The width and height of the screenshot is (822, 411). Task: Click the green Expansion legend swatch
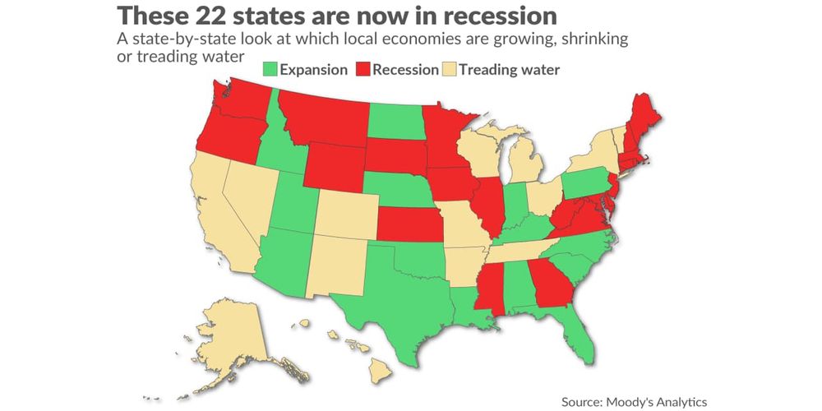pyautogui.click(x=270, y=69)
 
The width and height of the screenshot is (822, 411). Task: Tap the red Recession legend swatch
pyautogui.click(x=363, y=69)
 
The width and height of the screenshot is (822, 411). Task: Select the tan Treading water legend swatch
pyautogui.click(x=449, y=69)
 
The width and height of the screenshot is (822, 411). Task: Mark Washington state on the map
pyautogui.click(x=238, y=103)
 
